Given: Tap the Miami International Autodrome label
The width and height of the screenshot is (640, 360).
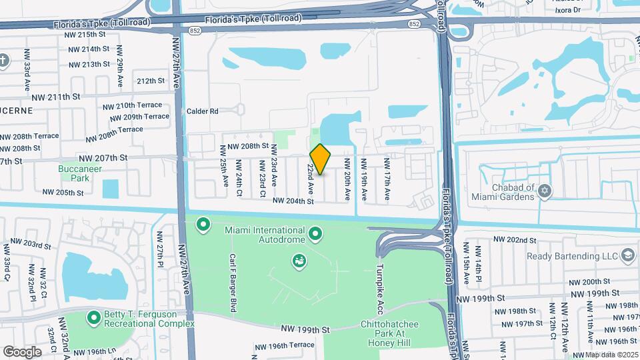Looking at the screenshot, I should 255,230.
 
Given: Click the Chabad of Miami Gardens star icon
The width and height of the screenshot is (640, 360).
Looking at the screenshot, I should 545,191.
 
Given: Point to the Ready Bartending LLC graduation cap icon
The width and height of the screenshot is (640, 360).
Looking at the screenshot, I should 627,255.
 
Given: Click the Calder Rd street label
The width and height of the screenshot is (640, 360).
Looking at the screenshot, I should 202,111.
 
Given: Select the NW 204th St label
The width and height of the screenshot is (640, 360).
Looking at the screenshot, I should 293,201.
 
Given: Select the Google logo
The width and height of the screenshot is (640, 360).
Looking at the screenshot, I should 22,351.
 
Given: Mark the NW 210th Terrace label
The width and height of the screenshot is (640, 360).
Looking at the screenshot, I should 132,105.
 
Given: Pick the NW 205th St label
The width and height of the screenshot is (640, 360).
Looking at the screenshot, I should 63,192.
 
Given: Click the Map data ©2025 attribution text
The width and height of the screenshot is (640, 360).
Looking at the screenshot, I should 611,355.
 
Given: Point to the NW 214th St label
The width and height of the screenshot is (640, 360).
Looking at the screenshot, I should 88,49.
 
